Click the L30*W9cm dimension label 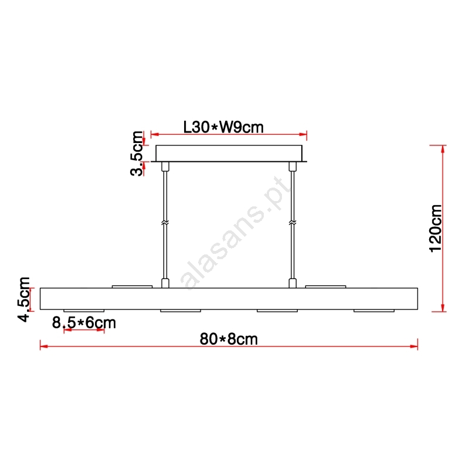coord(223,127)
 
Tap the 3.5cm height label coord(137,154)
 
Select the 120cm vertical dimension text coord(435,229)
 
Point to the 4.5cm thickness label coord(24,300)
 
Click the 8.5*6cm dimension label coord(84,323)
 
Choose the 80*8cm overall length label coord(229,339)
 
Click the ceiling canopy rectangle coord(229,154)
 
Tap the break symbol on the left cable coord(165,223)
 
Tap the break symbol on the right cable coord(293,223)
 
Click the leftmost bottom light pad coord(84,311)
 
